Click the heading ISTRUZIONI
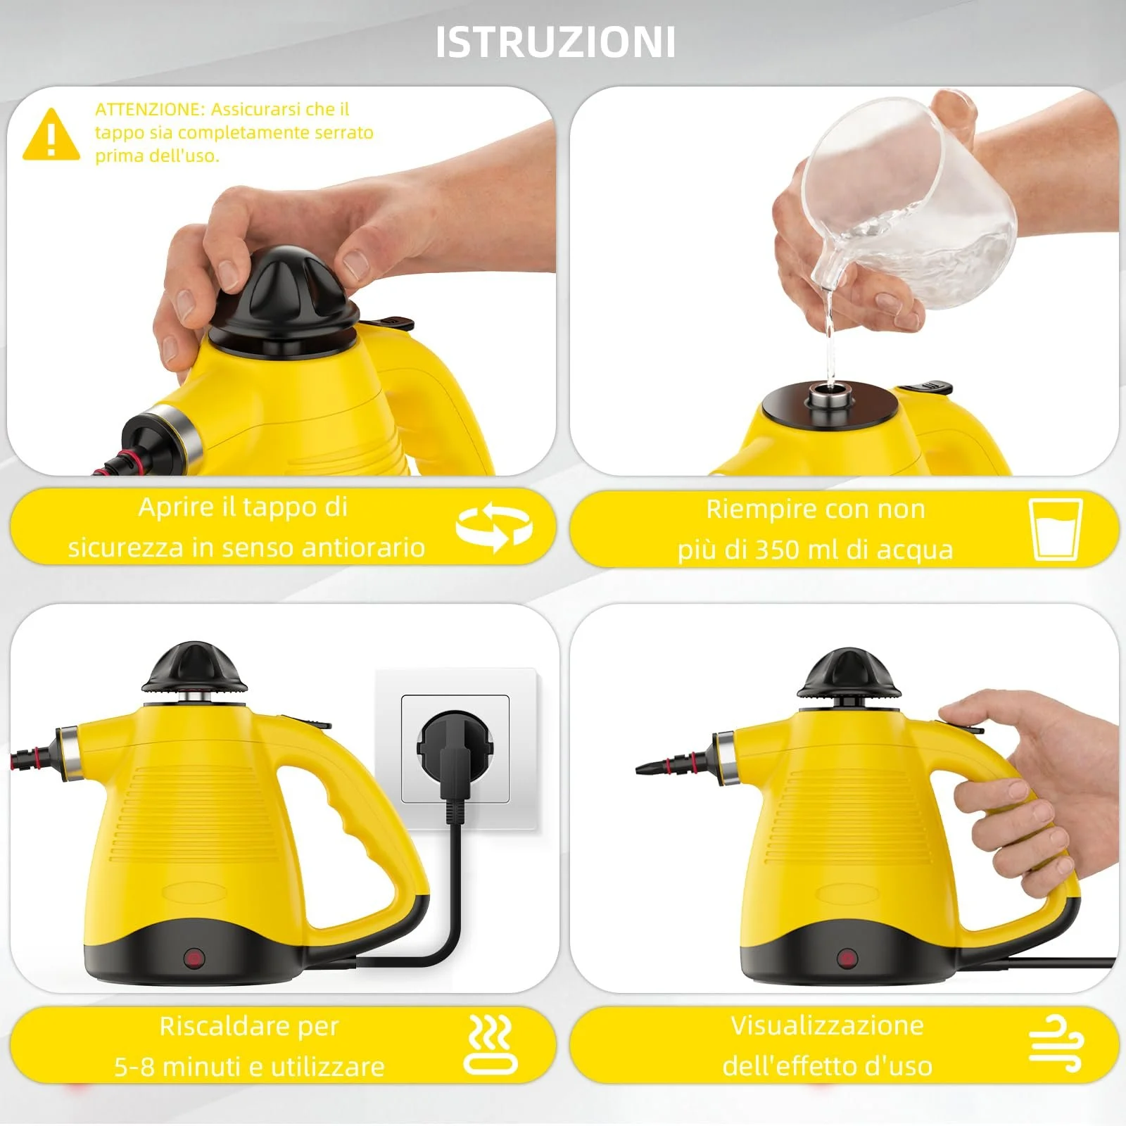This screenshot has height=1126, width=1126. point(555,42)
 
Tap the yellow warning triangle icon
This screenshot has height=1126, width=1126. point(51,134)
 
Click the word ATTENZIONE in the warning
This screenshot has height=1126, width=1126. point(148,109)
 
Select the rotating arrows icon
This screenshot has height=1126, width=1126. point(494,527)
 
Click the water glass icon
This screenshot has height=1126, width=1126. point(1056,529)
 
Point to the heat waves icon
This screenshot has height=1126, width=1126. point(491,1044)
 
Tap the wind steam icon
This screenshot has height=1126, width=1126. point(1056,1044)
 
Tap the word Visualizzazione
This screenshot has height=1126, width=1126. point(827,1025)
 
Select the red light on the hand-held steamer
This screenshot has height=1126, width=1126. point(847,959)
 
